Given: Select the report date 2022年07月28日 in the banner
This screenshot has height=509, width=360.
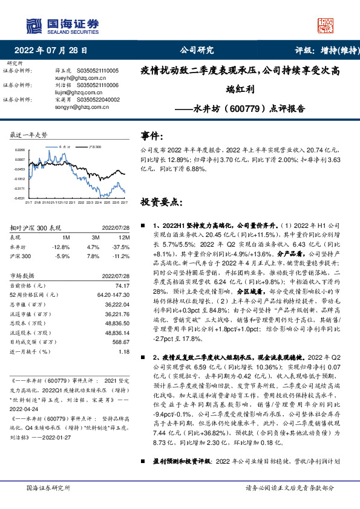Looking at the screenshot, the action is pos(54,51).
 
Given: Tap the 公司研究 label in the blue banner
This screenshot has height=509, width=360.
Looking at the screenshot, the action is pos(197,51).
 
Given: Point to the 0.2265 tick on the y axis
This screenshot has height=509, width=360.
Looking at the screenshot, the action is pos(20,150).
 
